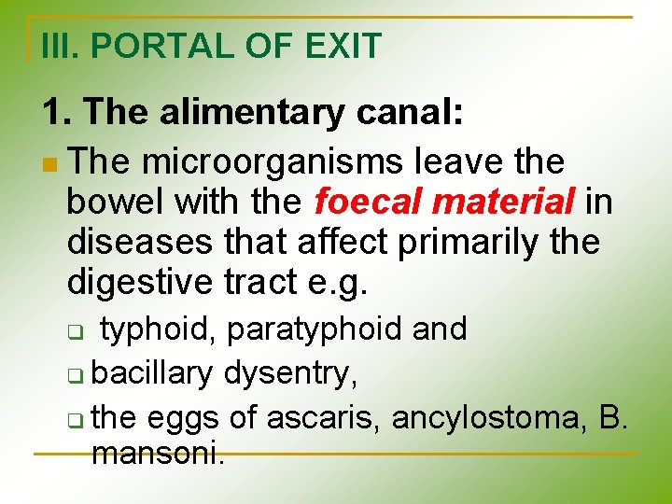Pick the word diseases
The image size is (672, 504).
coord(142,241)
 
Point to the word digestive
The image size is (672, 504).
coord(142,281)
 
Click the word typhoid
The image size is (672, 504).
coord(158,329)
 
